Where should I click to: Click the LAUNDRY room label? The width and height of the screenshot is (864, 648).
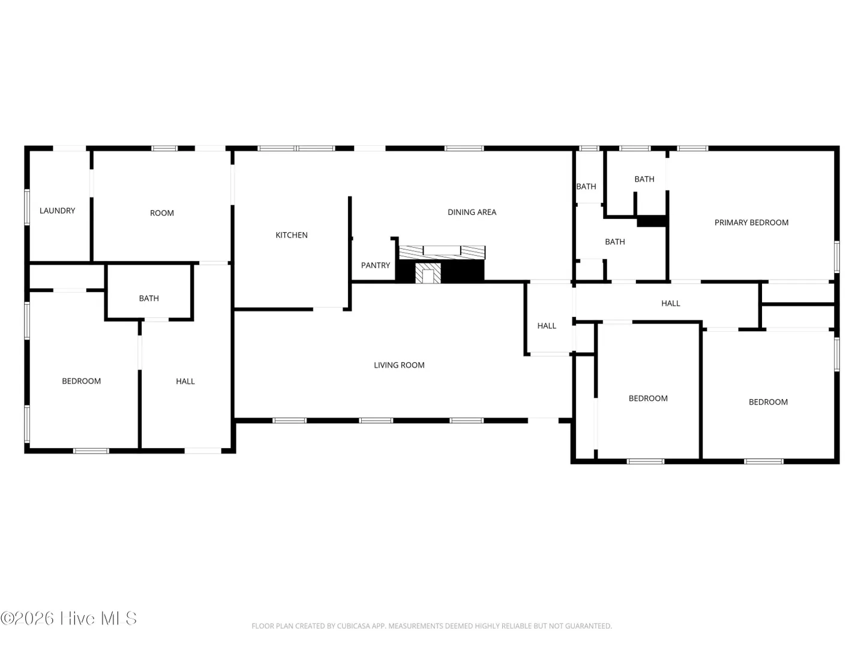point(57,211)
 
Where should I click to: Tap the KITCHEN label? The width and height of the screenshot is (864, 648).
point(291,235)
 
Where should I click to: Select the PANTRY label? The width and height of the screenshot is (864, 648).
point(375,265)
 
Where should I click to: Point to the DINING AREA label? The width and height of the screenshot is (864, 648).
point(472,212)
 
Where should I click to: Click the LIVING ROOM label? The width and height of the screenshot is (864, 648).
point(399,365)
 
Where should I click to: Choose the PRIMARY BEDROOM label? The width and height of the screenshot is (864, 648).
point(751,223)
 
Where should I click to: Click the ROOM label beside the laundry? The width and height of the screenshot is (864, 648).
point(162,213)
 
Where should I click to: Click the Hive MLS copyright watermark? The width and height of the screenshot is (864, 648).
point(68,618)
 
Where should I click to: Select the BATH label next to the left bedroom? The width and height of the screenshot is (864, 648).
point(149,298)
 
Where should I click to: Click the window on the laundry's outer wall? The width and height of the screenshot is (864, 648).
point(27,207)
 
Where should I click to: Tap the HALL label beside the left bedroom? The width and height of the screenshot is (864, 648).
point(185,381)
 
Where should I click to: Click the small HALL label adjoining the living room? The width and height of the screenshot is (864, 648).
point(547,326)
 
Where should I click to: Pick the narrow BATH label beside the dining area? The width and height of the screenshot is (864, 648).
point(586,187)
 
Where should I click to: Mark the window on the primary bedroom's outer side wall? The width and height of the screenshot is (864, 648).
point(837,257)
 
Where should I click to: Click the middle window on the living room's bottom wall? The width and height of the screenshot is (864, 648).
point(376,421)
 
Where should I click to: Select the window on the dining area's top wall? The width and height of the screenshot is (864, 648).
point(464,148)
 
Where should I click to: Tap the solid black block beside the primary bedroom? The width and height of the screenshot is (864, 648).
point(651,221)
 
